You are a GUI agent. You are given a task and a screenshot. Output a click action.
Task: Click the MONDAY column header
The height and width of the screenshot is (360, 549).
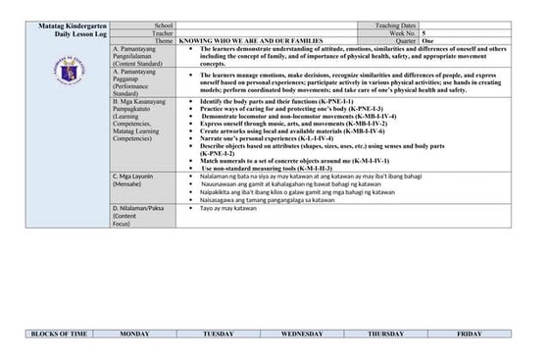click(x=134, y=334)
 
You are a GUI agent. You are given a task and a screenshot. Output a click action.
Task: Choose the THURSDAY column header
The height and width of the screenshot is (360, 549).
click(x=385, y=334)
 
